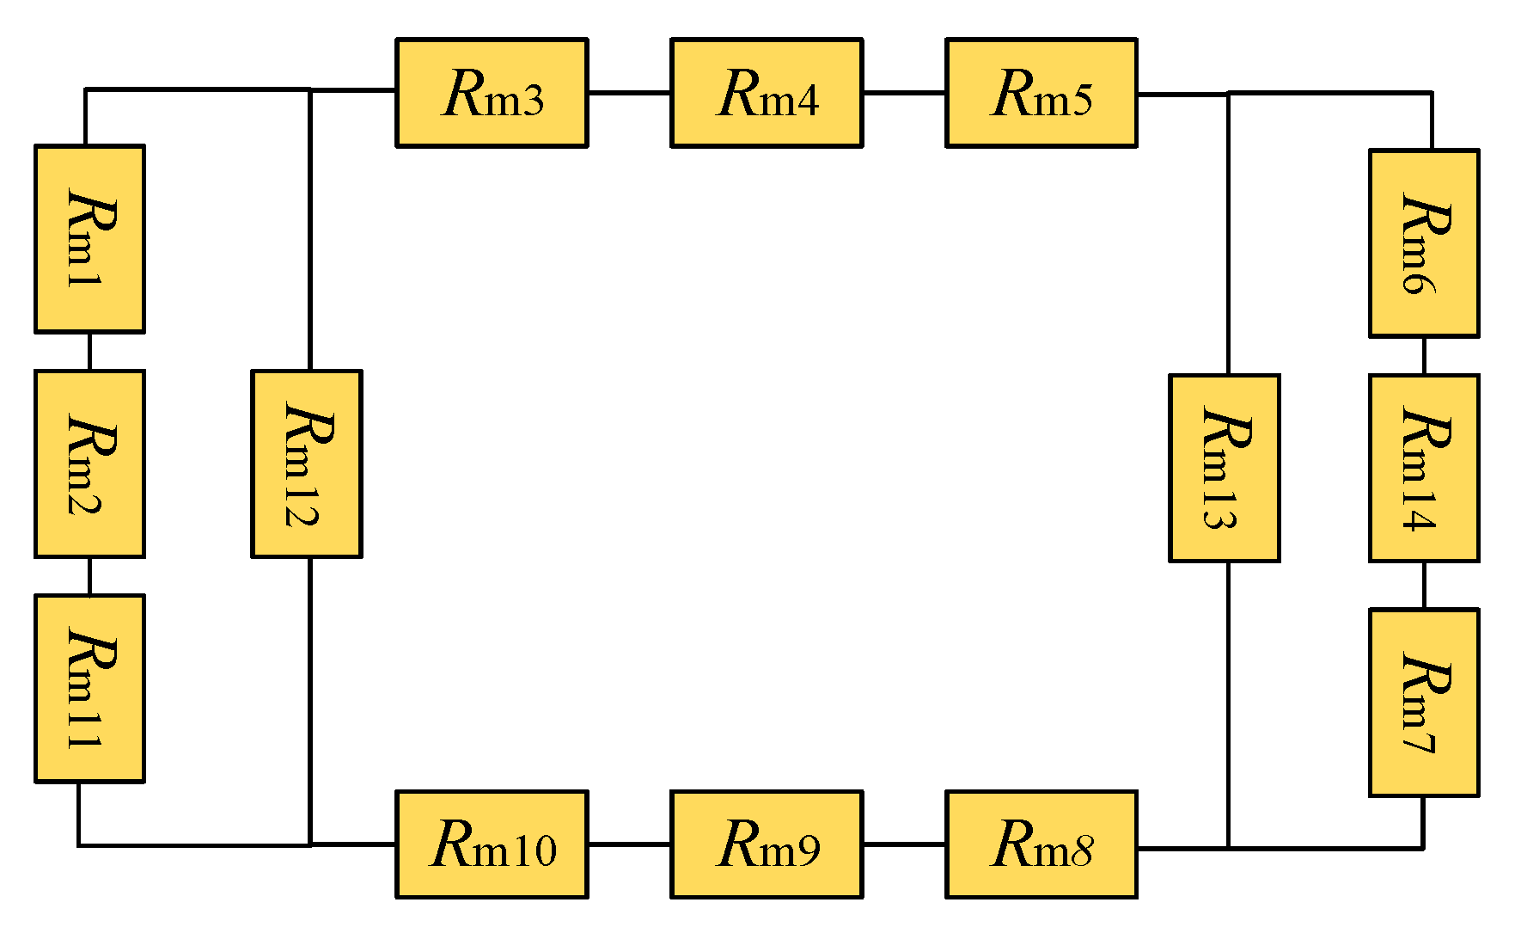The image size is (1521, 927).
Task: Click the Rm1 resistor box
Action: tap(89, 239)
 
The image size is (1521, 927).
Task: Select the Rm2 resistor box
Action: tap(89, 463)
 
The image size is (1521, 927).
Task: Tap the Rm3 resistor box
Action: tap(492, 93)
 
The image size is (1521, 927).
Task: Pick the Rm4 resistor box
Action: tap(767, 93)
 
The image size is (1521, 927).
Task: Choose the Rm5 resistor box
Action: tap(1041, 93)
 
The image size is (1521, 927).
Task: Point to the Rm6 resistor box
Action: tap(1424, 243)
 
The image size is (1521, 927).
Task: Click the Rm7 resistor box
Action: tap(1424, 703)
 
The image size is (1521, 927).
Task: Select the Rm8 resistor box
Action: tap(1041, 844)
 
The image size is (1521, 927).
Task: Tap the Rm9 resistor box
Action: tap(767, 844)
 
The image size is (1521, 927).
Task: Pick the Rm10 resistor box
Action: tap(492, 844)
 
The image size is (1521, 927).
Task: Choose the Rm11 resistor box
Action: tap(89, 689)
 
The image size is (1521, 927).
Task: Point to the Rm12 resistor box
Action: tap(307, 464)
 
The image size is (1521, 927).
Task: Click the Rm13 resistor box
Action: tap(1225, 469)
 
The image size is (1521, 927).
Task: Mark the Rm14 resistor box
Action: tap(1424, 469)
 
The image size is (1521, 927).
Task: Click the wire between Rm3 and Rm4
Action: tap(629, 92)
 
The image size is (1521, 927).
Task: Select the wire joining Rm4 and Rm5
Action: tap(904, 92)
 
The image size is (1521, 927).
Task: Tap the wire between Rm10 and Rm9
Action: tap(629, 844)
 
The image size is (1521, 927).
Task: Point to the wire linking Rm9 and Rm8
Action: tap(904, 844)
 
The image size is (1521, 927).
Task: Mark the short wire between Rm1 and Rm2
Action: tap(89, 352)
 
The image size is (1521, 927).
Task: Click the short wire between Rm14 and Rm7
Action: tap(1424, 586)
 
